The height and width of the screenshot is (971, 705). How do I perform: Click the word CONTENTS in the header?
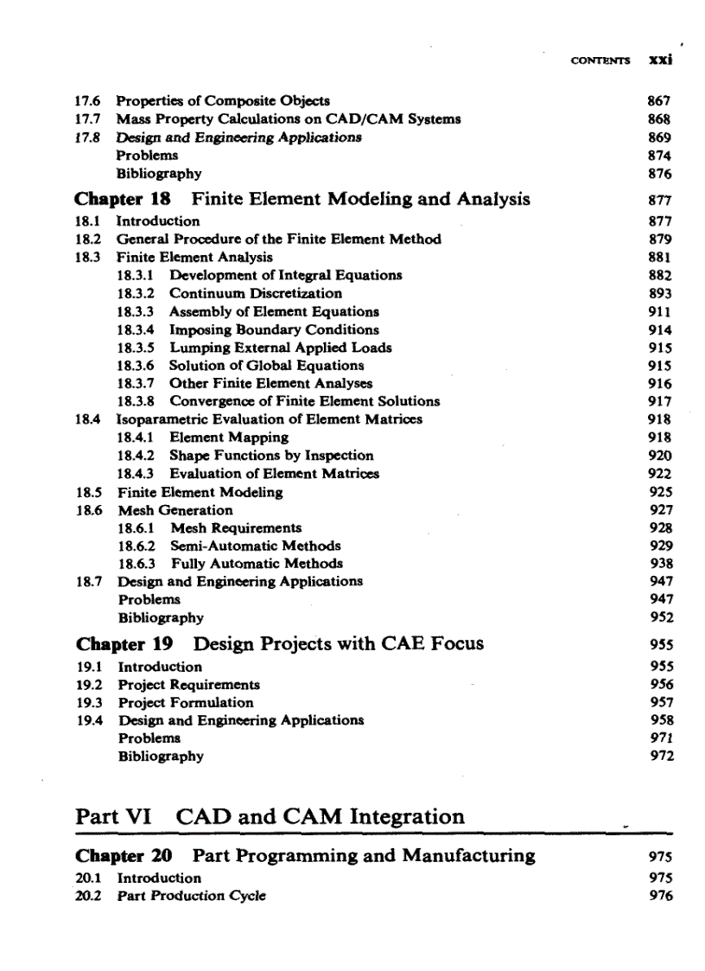[x=600, y=61]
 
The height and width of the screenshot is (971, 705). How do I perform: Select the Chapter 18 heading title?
[x=360, y=199]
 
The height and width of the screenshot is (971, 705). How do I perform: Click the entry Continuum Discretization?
[x=255, y=293]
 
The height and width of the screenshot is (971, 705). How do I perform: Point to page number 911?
[x=659, y=311]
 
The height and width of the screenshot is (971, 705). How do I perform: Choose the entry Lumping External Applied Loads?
[x=280, y=348]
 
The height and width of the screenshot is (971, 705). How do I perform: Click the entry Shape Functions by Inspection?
[x=271, y=456]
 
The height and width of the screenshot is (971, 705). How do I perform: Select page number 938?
[x=659, y=564]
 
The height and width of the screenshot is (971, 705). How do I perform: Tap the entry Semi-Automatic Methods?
[x=255, y=546]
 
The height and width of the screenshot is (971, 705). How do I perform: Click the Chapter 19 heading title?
[x=338, y=644]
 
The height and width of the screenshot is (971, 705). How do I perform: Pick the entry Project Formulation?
[x=186, y=703]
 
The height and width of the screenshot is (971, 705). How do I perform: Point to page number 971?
[x=661, y=738]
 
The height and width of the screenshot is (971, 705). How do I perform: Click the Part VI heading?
[x=270, y=817]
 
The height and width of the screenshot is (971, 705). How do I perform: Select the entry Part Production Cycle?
[x=191, y=896]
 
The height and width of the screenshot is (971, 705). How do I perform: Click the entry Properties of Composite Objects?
[x=223, y=101]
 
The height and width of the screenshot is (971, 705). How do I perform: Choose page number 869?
[x=659, y=137]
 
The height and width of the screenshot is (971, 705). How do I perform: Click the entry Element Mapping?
[x=228, y=438]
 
